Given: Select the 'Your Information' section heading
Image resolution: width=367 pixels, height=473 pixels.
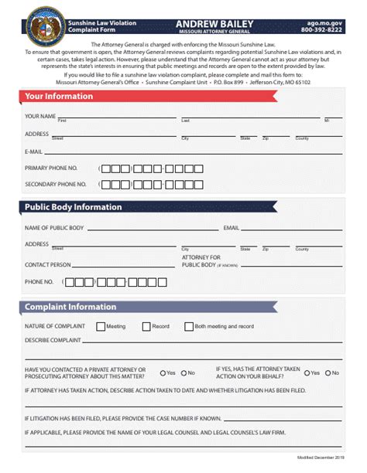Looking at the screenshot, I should pos(59,97).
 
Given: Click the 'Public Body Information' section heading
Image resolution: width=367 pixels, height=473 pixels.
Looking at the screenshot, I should pos(73,207).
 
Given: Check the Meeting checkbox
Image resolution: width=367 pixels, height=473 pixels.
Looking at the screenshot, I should pos(101,326).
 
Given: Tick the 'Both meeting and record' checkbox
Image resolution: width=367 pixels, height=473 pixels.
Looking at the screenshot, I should pos(190,326).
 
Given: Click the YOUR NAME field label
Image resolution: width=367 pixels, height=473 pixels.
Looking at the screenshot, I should pos(40,116).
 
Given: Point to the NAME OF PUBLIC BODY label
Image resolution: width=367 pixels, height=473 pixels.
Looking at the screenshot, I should pos(54,228).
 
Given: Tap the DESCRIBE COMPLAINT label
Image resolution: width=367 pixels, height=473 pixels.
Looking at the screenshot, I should pos(53,339).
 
